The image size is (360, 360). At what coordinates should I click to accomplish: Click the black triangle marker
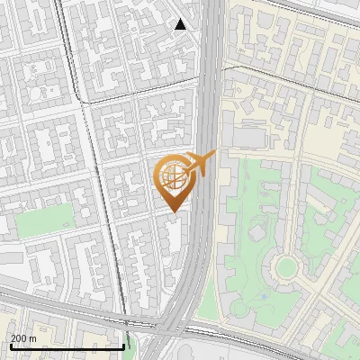pos(181,24)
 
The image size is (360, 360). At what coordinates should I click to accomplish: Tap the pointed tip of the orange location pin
pos(170,211)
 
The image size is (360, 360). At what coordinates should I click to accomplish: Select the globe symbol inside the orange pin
pos(171,175)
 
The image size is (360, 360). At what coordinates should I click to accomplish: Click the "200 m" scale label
pos(24,337)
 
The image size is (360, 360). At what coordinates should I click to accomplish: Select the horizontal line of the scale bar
pos(67,346)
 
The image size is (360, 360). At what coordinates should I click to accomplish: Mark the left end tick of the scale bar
pos(10,345)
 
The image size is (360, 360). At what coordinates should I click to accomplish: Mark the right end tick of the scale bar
pos(123,345)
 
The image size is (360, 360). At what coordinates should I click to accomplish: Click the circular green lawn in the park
pos(286,266)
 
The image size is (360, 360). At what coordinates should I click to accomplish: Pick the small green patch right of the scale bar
pos(134,340)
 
